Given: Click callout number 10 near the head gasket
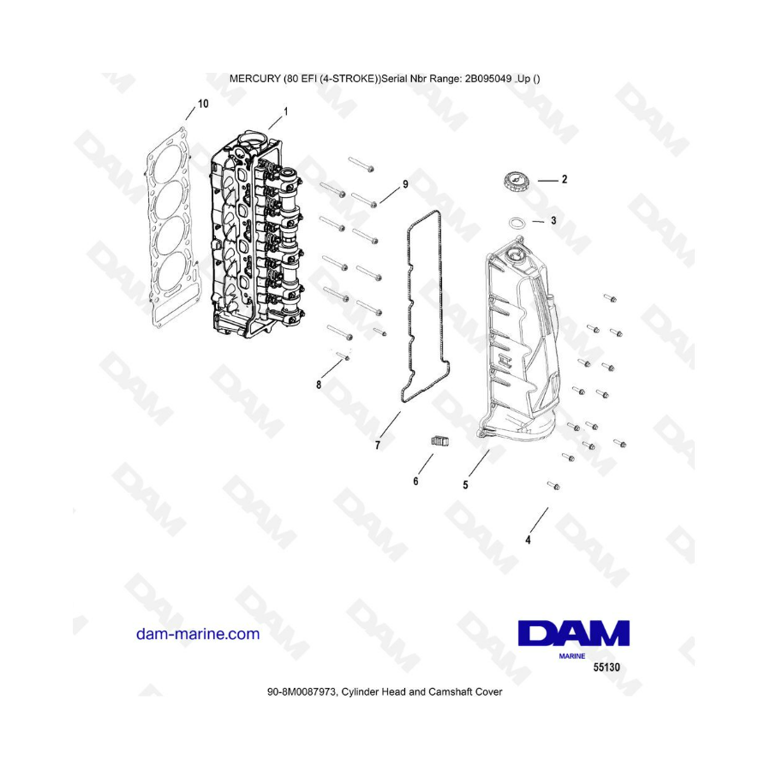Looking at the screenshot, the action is click(203, 104).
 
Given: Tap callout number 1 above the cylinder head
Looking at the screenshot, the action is click(285, 111).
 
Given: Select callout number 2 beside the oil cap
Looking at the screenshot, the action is click(565, 180).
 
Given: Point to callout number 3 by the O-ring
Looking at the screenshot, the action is click(553, 220).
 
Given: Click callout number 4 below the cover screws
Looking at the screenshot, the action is click(528, 540).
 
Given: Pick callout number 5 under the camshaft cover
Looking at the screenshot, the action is click(465, 486).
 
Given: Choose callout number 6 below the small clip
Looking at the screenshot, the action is click(415, 481).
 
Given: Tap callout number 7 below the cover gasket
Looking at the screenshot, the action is click(378, 445).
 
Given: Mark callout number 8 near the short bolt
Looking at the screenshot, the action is click(319, 385).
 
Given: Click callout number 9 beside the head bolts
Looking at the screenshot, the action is click(406, 184).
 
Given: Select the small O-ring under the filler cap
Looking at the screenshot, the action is click(517, 224).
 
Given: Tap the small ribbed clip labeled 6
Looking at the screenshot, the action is click(440, 441).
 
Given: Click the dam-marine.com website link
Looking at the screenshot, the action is click(198, 634).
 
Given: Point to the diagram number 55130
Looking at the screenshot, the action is click(607, 667).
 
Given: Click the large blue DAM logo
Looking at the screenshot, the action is click(574, 633).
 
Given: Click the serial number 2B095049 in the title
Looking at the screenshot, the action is click(487, 79).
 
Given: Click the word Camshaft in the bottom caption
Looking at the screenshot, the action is click(450, 692).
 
